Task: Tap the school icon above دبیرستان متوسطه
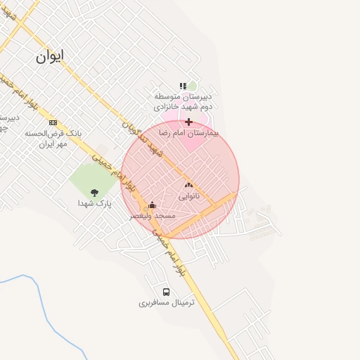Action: point(183,86)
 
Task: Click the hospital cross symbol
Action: point(188,122)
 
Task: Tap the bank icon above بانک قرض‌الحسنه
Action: point(53,122)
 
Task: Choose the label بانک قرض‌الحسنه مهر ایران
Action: point(53,137)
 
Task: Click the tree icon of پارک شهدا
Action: point(94,192)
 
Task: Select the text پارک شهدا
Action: point(94,203)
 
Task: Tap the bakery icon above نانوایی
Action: point(188,185)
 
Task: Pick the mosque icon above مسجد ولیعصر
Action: point(152,205)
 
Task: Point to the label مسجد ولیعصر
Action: point(152,217)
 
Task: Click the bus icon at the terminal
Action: point(167,292)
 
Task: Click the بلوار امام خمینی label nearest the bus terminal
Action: point(172,252)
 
